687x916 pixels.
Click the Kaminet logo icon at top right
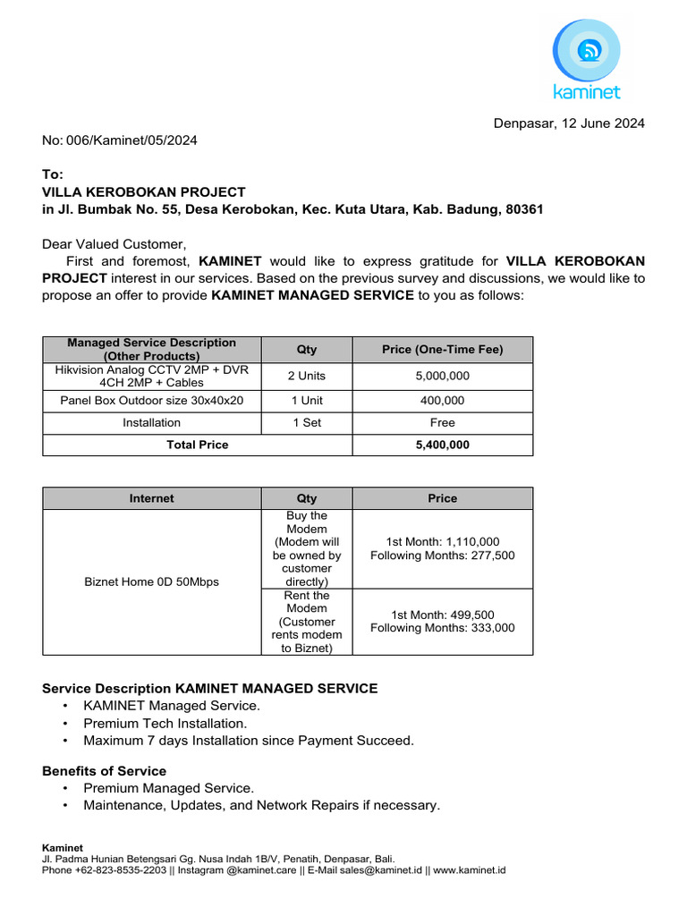[x=586, y=51]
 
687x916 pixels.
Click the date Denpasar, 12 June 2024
[x=568, y=123]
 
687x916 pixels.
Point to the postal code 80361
[x=524, y=209]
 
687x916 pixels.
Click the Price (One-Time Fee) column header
[x=442, y=349]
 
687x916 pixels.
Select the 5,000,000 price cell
[x=442, y=376]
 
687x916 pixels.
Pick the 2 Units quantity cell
[x=306, y=376]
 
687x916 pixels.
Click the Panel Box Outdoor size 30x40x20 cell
[x=151, y=401]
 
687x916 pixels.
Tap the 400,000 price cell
[x=442, y=401]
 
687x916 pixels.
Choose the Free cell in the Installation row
[x=442, y=422]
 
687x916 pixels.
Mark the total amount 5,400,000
[x=442, y=445]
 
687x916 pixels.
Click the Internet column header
[x=151, y=498]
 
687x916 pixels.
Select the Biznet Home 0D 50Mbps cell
[x=151, y=581]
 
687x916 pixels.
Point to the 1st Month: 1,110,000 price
[x=442, y=541]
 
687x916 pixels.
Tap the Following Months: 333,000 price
[x=442, y=628]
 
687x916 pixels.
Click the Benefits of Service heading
[x=104, y=771]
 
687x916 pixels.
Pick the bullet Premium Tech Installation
[x=165, y=723]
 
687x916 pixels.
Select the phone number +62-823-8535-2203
[x=121, y=869]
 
